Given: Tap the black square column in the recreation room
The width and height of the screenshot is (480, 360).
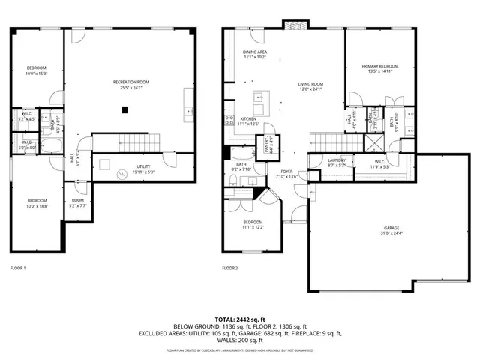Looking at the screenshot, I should coord(126,110).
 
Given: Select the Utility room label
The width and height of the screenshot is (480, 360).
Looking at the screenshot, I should coord(144,169).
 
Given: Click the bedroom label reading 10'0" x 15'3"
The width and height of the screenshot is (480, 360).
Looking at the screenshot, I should coord(37,70).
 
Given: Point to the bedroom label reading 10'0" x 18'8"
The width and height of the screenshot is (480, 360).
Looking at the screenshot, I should coord(37,202).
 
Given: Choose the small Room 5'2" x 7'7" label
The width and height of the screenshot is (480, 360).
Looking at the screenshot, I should coord(78,202).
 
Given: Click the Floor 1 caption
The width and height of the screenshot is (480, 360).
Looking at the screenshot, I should coord(18,268).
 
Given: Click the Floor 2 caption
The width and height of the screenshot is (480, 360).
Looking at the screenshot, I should coord(229,268).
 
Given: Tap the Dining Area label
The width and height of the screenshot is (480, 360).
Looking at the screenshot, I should coord(255,55).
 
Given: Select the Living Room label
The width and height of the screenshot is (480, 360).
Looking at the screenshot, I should coord(310,86).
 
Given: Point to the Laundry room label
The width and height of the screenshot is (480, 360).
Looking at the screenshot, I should coord(336,163).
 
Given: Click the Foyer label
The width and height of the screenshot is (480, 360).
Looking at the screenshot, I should coord(287,174).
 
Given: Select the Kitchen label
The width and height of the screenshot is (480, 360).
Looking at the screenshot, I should coord(248,121).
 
